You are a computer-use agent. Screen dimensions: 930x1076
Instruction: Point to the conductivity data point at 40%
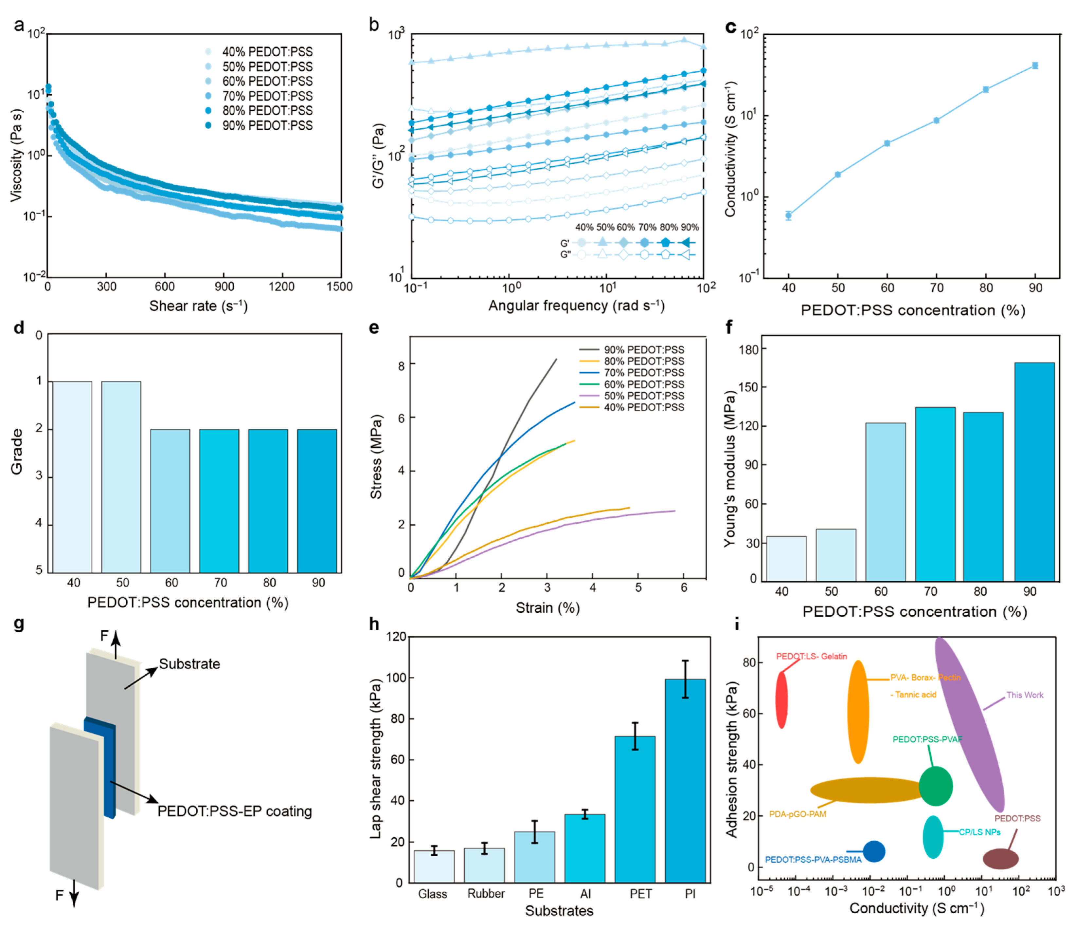point(788,215)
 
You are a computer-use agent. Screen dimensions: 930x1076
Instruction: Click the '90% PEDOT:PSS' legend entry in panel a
point(267,126)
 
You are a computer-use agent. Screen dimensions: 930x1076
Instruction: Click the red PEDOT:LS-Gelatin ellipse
point(781,699)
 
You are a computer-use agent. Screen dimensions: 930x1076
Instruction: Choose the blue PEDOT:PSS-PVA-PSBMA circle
point(874,851)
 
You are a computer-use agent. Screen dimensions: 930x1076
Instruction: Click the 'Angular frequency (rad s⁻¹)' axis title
point(576,306)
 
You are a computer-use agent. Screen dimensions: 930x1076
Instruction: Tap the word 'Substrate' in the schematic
point(189,664)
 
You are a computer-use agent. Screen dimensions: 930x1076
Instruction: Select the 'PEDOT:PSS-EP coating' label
point(235,811)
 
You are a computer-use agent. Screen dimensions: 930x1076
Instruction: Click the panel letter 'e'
point(373,328)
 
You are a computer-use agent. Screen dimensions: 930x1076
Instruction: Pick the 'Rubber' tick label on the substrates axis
point(486,894)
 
